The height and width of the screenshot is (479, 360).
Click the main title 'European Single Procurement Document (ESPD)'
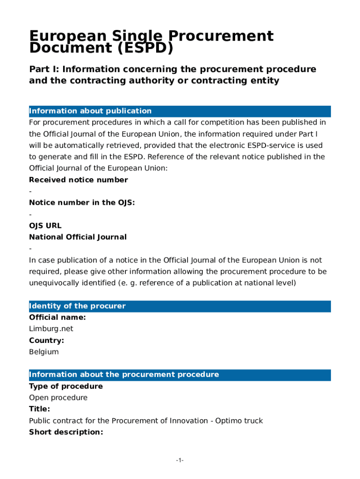point(151,42)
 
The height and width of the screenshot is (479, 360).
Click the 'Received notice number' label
point(78,180)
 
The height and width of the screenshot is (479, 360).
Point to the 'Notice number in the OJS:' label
point(82,203)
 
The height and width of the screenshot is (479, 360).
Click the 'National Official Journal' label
point(78,237)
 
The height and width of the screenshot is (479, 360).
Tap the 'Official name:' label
point(57,318)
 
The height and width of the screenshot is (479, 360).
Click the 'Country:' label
point(46,341)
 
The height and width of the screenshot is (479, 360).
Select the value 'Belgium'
point(44,352)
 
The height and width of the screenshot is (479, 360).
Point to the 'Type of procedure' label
point(65,386)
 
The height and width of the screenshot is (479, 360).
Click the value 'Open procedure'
point(58,398)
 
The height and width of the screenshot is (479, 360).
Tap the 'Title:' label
point(39,409)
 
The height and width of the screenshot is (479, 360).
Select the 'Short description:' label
point(66,432)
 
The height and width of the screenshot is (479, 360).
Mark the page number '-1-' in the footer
point(180,461)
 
